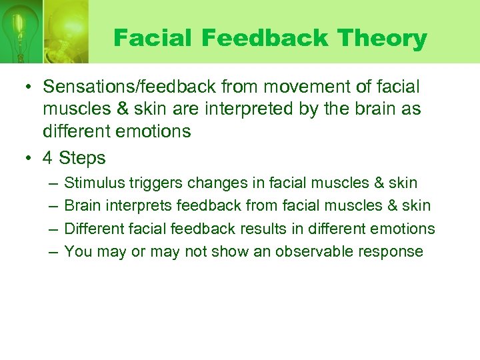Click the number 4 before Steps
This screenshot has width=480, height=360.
[48, 159]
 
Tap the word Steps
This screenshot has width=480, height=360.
[82, 159]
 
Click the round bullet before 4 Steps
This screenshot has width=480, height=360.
[30, 159]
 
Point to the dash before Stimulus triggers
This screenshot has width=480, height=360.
[52, 183]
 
